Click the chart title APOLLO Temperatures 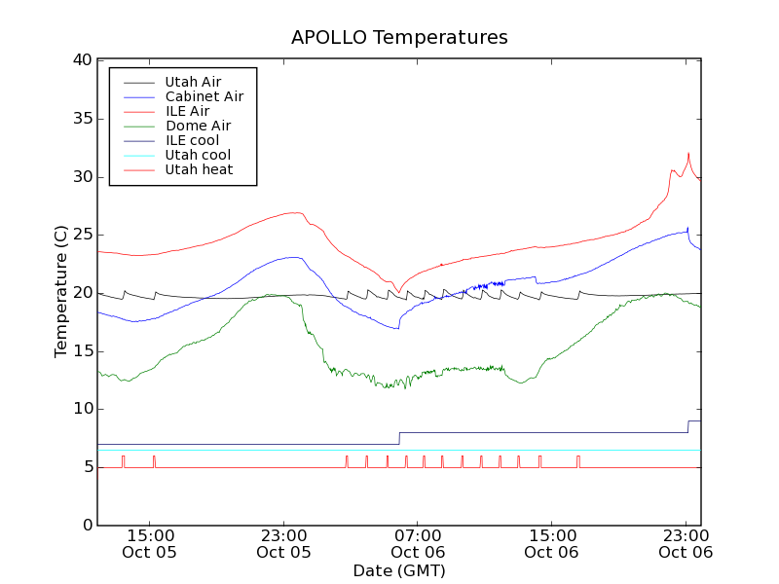click(399, 38)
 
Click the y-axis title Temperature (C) click(61, 291)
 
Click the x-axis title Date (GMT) click(399, 570)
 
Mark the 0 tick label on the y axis click(86, 526)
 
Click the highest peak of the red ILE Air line click(688, 153)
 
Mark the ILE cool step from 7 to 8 click(399, 438)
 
